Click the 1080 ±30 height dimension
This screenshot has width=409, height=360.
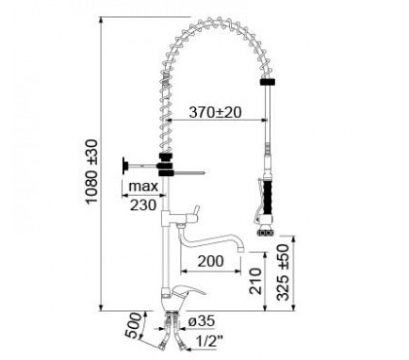[92, 172]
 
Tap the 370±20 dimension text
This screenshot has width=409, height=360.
[216, 112]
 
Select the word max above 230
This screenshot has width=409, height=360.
[143, 187]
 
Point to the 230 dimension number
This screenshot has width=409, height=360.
[143, 205]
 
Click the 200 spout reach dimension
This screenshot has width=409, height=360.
[211, 261]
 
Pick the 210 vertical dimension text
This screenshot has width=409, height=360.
[255, 281]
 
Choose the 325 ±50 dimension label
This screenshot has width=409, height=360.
[284, 272]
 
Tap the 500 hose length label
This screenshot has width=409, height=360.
[133, 326]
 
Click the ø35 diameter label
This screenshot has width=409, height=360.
[202, 321]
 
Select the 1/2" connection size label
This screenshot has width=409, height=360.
[209, 340]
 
